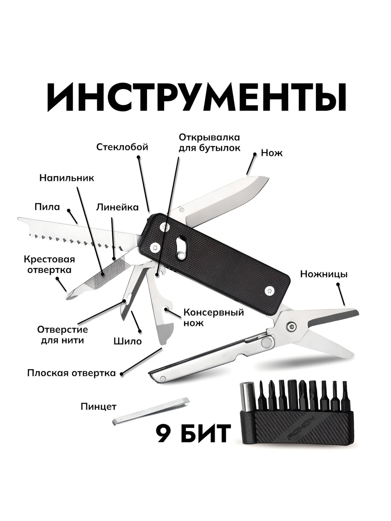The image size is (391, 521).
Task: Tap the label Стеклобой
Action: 122,147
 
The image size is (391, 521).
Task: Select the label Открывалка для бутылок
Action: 209,143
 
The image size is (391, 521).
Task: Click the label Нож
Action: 272,153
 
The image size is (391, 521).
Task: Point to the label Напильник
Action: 66,177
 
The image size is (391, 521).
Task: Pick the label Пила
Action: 47,206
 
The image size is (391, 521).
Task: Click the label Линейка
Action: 117,207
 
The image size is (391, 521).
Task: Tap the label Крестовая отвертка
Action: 49,265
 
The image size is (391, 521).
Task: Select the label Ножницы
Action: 323,274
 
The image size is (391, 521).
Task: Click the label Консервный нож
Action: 213,317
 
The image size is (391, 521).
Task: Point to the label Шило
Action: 127,341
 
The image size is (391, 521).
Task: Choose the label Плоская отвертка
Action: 72,373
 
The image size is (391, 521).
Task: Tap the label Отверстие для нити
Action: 63,335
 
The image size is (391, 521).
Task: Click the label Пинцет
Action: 99,406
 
